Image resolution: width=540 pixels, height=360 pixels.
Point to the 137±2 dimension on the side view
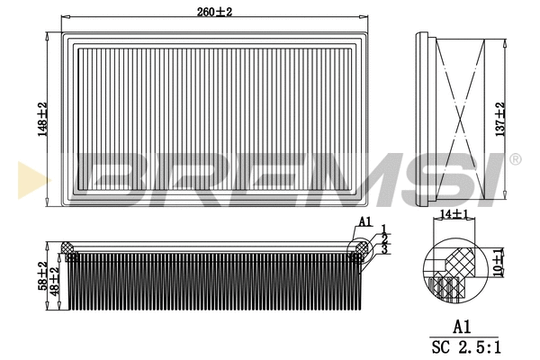[x=501, y=117]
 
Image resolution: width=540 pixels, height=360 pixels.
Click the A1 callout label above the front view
[x=364, y=220]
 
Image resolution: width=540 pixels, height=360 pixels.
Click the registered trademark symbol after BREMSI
[x=514, y=159]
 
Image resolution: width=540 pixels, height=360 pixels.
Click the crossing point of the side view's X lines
[x=461, y=117]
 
